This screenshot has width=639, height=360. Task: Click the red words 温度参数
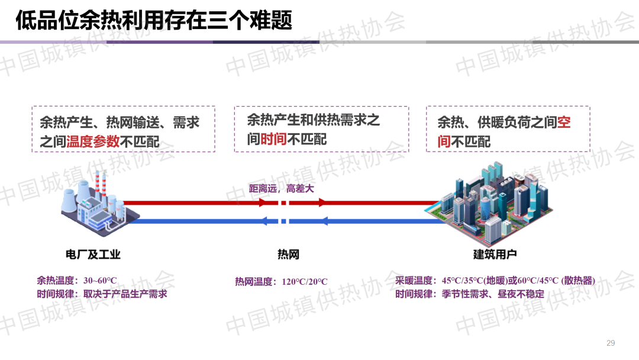click(x=93, y=142)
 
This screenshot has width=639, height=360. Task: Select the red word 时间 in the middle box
click(x=274, y=139)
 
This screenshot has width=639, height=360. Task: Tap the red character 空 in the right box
click(x=564, y=123)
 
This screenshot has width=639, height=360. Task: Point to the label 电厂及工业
click(x=93, y=255)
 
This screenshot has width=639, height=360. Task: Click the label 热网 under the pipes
click(x=288, y=255)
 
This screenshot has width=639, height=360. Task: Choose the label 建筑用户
click(x=495, y=255)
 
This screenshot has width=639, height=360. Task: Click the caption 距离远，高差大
click(x=281, y=189)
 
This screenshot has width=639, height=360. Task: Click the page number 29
click(x=611, y=343)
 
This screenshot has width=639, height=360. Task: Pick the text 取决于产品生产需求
click(x=125, y=294)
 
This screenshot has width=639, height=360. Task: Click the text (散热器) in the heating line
click(x=578, y=281)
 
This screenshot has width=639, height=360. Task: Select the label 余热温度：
click(x=59, y=281)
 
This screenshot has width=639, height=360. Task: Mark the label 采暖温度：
click(x=418, y=281)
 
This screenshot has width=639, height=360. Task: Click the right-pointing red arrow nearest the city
click(x=321, y=202)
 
